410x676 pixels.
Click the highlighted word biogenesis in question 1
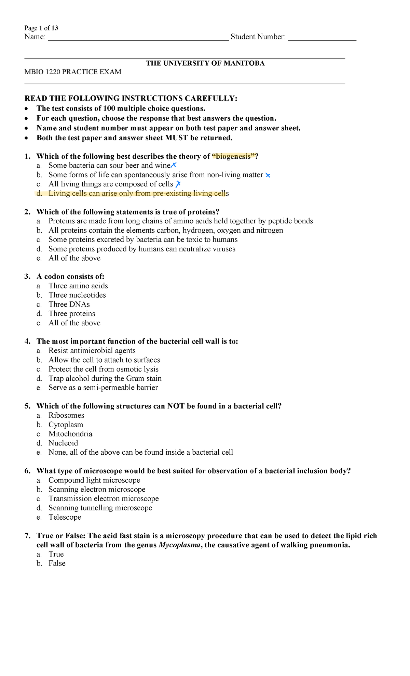234,156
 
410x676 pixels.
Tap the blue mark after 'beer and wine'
173,165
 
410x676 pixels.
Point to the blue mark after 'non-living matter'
268,175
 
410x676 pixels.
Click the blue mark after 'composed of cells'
178,184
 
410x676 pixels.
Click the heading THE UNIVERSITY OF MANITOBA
205,63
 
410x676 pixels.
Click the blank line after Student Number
322,38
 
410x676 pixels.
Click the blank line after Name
138,38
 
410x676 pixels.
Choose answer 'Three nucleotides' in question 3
77,295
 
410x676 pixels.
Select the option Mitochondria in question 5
70,434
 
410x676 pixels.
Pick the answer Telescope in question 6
65,517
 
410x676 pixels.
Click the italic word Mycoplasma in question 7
180,545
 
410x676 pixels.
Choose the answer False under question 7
57,563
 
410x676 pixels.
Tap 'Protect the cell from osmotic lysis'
104,369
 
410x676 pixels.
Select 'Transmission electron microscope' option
104,498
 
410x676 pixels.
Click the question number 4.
27,341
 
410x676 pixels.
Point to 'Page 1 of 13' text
41,28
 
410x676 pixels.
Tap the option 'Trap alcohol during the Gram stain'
105,378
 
